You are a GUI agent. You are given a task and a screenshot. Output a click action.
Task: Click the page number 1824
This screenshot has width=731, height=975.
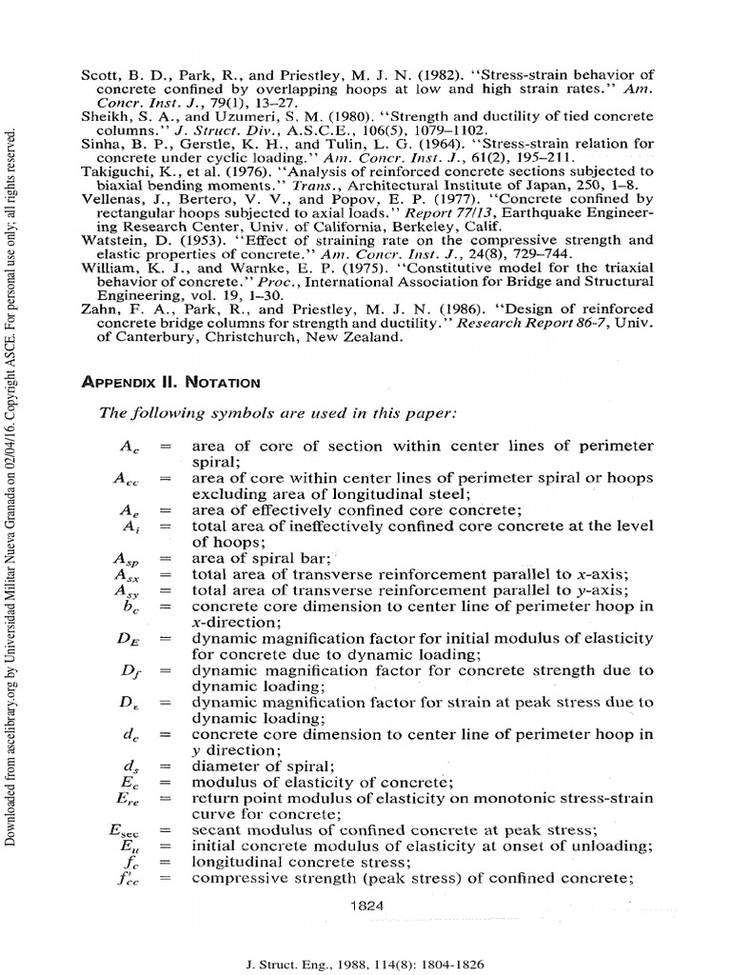point(365,905)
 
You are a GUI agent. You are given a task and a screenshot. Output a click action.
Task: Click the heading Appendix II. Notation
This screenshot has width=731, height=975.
point(172,382)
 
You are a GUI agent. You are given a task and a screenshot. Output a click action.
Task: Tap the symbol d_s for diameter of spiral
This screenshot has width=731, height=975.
point(132,765)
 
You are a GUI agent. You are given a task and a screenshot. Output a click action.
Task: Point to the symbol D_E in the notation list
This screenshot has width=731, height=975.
point(128,639)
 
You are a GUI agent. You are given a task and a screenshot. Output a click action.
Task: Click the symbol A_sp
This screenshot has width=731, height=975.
point(128,559)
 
